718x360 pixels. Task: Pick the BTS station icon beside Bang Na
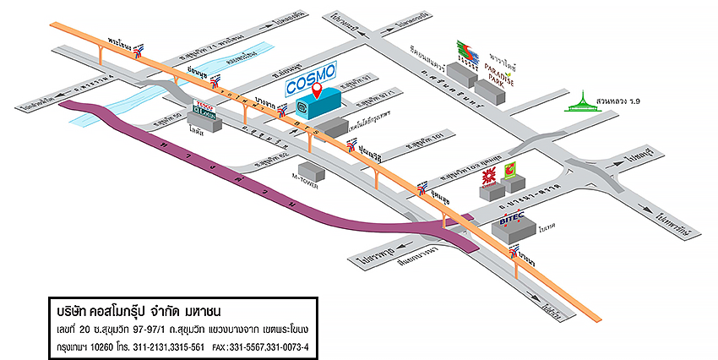[514, 254]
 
